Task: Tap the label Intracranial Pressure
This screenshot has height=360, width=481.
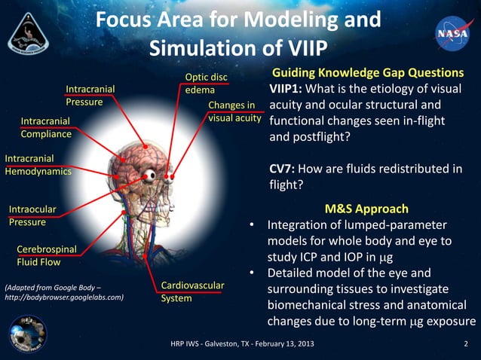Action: (90, 95)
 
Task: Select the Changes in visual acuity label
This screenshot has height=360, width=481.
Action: (234, 111)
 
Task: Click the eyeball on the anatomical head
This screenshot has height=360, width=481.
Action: (152, 175)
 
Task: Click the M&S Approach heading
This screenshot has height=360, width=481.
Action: (366, 209)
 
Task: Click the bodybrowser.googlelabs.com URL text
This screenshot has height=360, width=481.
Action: (64, 297)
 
